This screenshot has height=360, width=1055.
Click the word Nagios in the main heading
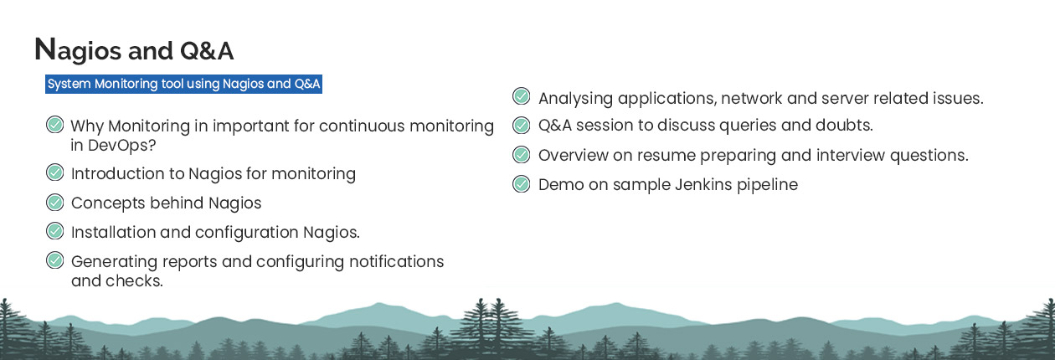(x=78, y=50)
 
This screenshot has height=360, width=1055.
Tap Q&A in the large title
(x=207, y=51)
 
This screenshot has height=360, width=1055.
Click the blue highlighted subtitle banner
(x=183, y=84)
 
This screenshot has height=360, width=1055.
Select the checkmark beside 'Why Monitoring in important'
(x=55, y=125)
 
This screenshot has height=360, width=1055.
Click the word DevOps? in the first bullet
(x=121, y=146)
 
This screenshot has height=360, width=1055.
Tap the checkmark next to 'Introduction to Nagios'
(x=55, y=172)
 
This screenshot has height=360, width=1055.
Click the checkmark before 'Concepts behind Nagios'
(x=55, y=202)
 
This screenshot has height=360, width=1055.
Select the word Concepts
(x=108, y=203)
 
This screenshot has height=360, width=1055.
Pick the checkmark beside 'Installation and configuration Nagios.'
(x=55, y=231)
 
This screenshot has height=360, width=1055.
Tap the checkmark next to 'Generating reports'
(x=55, y=260)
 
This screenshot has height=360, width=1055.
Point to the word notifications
(x=397, y=261)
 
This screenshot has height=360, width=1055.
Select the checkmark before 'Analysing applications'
(x=521, y=96)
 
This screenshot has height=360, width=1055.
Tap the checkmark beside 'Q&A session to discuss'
(x=521, y=126)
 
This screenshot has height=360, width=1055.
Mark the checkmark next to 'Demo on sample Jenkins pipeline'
(x=521, y=184)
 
